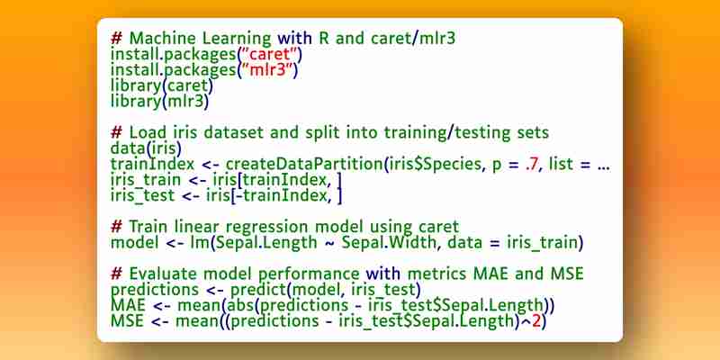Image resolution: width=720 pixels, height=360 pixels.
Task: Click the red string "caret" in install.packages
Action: (269, 54)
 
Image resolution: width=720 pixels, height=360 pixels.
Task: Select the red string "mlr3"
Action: (267, 70)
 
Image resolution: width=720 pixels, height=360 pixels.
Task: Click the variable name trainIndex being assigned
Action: (152, 164)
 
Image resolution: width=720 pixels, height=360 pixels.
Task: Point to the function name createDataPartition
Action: (304, 164)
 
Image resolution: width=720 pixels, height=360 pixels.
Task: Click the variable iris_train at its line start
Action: (145, 181)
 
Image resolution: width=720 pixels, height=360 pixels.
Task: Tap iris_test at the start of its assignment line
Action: (143, 196)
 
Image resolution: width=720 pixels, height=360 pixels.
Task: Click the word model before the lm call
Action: (134, 242)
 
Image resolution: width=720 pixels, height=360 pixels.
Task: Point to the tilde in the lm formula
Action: (328, 243)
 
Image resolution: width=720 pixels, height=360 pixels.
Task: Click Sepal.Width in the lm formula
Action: (389, 242)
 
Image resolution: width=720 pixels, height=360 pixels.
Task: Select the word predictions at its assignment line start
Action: (155, 290)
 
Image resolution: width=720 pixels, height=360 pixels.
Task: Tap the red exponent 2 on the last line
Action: (536, 321)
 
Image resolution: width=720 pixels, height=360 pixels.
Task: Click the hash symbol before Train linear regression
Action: (117, 227)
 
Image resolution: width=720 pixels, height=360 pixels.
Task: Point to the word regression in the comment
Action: (259, 228)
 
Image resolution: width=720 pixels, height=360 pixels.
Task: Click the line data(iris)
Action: (146, 148)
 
